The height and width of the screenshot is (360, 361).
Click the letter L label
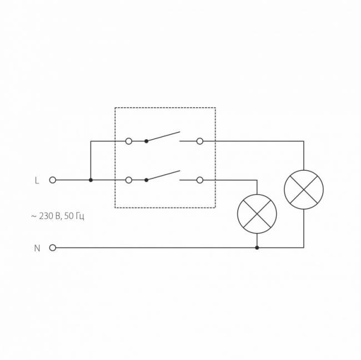coord(37,180)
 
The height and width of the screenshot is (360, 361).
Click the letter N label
coord(37,249)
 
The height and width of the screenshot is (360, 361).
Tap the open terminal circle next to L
coord(53,180)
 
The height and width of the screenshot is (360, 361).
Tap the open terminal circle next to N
coord(53,247)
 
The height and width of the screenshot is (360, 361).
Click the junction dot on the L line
coord(91,180)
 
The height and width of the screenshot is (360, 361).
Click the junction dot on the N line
coord(257,247)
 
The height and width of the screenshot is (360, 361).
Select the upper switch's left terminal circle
coord(129,141)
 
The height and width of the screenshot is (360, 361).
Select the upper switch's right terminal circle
coord(200,141)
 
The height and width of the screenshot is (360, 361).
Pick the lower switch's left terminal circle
coord(129,180)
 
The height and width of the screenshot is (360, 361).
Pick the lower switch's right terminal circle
coord(200,180)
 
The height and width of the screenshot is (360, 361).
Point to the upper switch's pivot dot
coord(146,141)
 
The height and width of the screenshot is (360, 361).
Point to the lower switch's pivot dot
coord(146,180)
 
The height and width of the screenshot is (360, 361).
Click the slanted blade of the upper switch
coord(163,136)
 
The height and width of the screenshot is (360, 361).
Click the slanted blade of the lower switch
coord(163,175)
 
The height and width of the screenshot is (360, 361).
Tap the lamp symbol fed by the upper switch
coord(304,190)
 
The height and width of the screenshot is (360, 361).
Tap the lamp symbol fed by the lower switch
coord(257,214)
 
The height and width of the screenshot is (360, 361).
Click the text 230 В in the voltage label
coord(49,216)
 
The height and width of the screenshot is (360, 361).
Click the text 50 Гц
coord(74,216)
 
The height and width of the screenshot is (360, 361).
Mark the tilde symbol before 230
coord(34,216)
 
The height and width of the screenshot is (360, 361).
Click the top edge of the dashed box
coord(166,108)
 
